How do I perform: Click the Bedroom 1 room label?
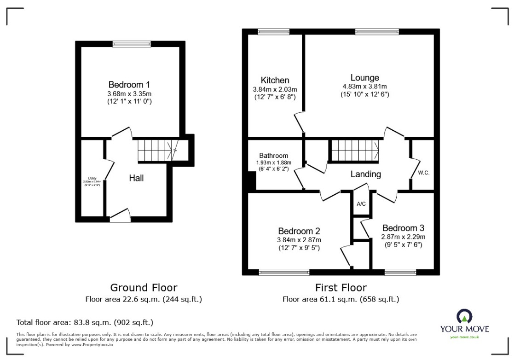129,85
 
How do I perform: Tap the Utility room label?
92,178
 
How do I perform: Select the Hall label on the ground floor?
136,178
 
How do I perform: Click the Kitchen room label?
275,81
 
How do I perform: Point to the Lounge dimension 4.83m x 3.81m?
364,87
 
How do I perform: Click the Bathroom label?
273,156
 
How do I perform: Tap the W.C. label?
423,173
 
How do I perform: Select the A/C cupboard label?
361,204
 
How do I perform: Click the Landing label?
366,174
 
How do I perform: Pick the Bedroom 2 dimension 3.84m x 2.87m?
299,240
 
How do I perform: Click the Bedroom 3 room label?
403,228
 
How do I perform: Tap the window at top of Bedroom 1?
132,44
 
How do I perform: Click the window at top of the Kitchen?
271,32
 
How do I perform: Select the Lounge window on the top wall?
370,32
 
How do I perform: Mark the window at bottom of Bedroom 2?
284,272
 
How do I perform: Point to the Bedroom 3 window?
400,272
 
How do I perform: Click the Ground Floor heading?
144,288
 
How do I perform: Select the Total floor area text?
85,322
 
